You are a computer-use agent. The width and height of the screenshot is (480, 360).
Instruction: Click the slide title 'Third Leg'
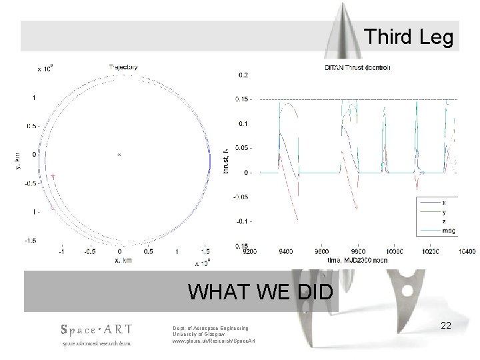click(409, 38)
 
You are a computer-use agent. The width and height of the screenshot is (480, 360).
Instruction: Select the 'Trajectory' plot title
click(123, 66)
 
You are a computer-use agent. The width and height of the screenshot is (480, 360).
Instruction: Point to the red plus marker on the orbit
click(53, 176)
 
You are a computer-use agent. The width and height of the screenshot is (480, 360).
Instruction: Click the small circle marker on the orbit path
click(51, 209)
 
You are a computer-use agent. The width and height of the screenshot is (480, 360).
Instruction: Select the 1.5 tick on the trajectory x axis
click(205, 252)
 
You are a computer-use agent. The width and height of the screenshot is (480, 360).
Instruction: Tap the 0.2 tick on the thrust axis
click(244, 75)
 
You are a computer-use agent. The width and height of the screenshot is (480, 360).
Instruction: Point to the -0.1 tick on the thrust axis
click(243, 221)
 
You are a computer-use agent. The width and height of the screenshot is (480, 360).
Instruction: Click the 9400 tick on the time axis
click(286, 252)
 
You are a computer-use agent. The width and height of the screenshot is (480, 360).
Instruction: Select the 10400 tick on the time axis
click(466, 252)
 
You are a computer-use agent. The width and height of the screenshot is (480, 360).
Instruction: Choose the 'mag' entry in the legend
click(447, 231)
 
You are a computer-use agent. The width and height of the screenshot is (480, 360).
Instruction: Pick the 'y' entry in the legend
click(445, 212)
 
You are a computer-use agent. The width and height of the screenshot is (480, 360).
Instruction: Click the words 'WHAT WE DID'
click(263, 292)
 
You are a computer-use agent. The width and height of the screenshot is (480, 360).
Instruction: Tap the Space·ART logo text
click(96, 329)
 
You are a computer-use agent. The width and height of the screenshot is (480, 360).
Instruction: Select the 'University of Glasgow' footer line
click(201, 334)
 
